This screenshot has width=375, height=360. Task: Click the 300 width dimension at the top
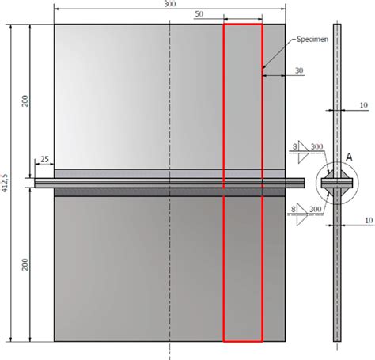pos(169,4)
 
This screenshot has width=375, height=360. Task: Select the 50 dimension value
pos(198,14)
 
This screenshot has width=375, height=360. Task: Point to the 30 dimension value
pos(298,70)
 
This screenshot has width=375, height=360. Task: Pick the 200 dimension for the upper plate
pos(25,102)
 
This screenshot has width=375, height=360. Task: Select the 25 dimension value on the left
pos(44,161)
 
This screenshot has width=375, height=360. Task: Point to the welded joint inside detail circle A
pos(336,183)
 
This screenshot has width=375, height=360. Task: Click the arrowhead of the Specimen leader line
pos(263,74)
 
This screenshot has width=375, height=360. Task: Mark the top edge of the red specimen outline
pos(242,25)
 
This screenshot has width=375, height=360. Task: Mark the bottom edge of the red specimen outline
pos(242,341)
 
